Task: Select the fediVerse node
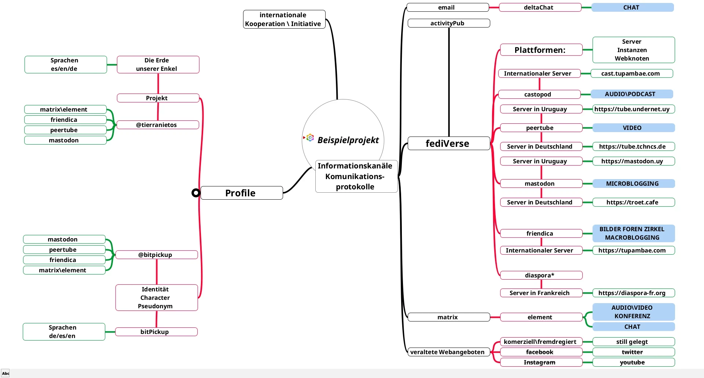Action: tap(448, 143)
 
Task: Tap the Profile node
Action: tap(241, 193)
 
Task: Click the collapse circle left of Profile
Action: tap(196, 193)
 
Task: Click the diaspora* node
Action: tap(541, 275)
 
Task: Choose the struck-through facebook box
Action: tap(541, 352)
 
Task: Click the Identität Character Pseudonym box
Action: tap(156, 298)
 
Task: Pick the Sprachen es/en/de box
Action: tap(65, 65)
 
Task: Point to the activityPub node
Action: tap(448, 23)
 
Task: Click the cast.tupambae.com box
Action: tap(631, 73)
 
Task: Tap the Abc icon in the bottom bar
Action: tap(5, 373)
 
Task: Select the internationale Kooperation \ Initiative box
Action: tap(284, 19)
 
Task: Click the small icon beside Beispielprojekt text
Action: tap(310, 138)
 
